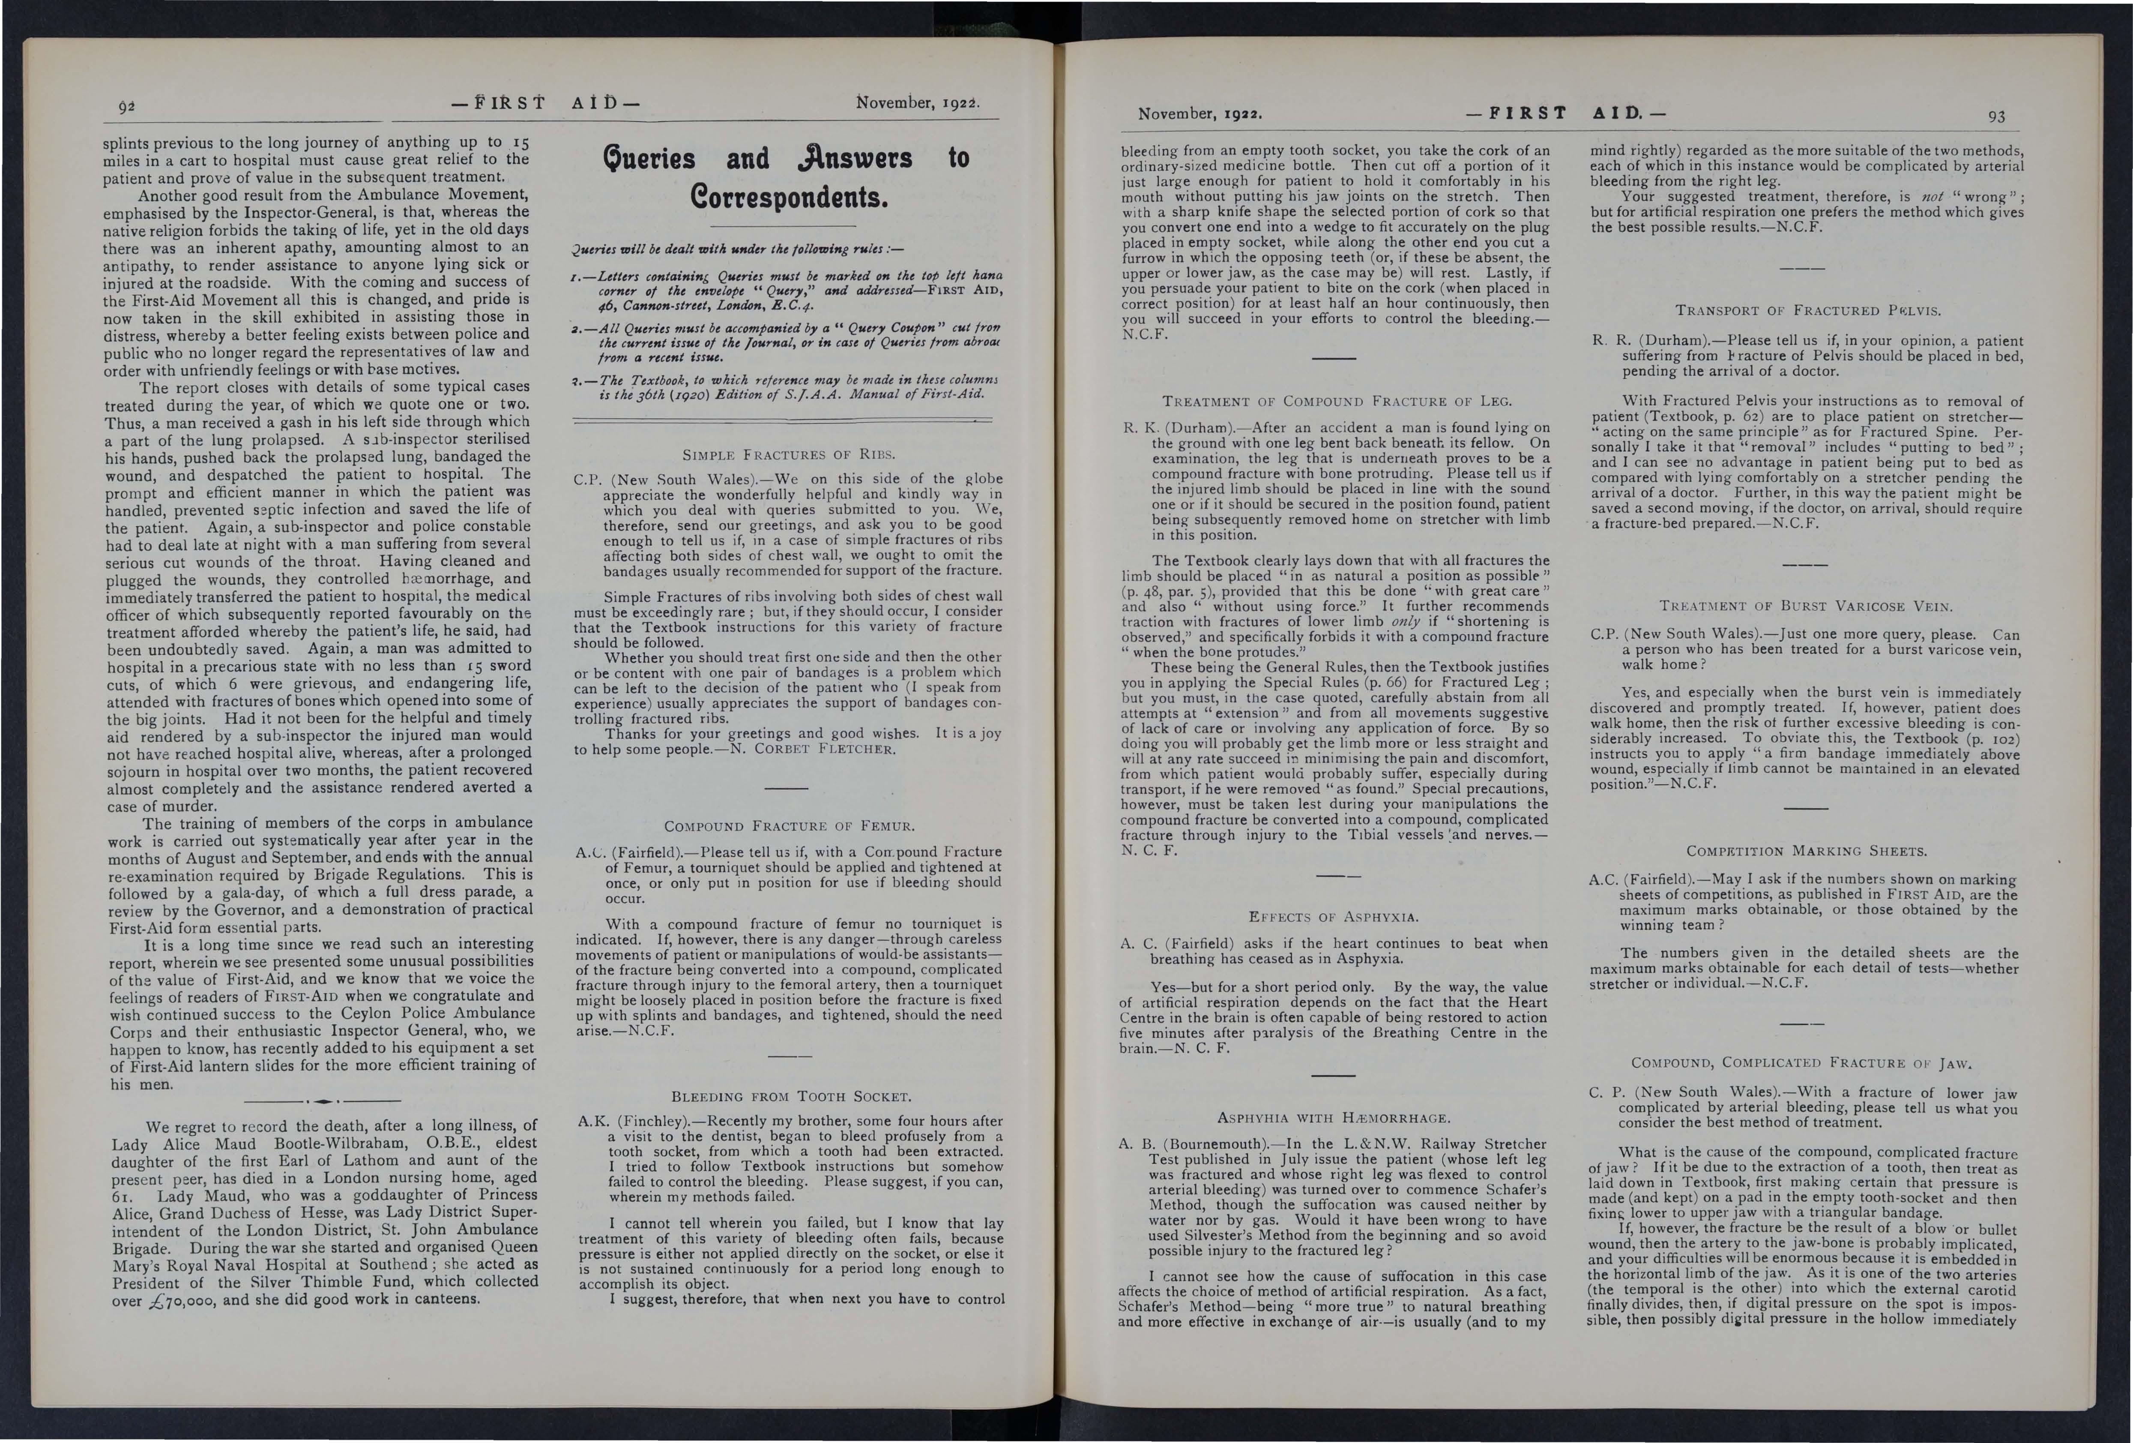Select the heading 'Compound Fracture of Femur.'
coord(787,825)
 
